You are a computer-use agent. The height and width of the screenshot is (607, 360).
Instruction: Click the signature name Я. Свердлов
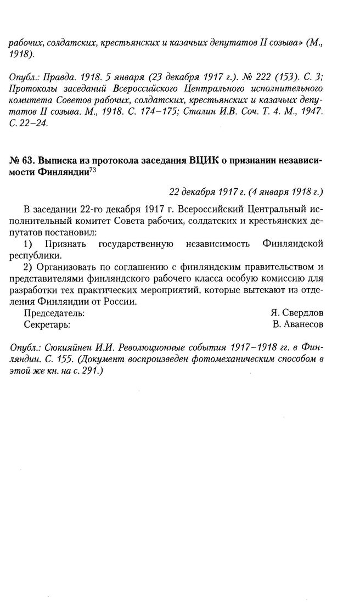point(297,313)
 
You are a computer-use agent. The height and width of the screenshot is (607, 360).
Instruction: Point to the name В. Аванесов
point(298,324)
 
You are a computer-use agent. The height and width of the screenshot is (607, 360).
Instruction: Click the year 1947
point(311,111)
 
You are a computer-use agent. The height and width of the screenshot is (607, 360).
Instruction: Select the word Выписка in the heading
point(57,160)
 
